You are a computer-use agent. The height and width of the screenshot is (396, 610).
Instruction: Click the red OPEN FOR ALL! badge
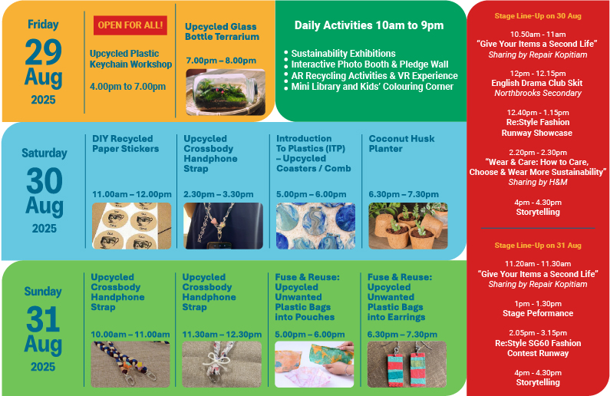point(130,25)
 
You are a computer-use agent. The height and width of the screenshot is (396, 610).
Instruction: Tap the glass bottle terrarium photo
point(226,92)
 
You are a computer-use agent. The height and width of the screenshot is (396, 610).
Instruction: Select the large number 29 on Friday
point(43,52)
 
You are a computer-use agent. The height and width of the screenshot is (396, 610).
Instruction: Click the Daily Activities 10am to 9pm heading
point(369,25)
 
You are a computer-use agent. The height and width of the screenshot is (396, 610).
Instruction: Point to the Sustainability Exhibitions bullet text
point(343,53)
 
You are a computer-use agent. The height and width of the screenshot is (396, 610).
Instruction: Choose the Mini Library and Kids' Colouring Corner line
point(372,87)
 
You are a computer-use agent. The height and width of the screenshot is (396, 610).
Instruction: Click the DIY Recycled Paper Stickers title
point(126,144)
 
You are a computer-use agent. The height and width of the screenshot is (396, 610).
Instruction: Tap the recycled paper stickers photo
point(131,226)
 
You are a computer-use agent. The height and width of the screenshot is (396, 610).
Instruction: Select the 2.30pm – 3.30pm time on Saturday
point(218,194)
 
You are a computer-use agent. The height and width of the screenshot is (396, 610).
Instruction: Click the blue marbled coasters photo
point(315,226)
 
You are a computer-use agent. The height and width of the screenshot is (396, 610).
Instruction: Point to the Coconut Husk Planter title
point(401,144)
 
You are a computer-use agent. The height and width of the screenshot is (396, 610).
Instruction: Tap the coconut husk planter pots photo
point(408,226)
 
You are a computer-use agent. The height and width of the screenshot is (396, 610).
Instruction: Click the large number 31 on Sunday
point(43,319)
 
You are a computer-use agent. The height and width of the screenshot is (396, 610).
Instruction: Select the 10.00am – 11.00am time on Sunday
point(130,334)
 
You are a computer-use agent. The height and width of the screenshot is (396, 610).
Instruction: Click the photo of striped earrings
point(407,364)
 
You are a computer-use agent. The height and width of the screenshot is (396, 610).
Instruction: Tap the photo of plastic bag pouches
point(315,364)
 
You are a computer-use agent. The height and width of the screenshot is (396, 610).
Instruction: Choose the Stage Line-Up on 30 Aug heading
point(538,16)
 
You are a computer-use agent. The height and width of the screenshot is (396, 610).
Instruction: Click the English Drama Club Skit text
point(537,83)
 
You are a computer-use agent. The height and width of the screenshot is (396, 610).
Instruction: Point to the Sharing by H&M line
point(538,182)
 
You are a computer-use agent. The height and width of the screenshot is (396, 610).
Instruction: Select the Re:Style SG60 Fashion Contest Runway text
point(538,348)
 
